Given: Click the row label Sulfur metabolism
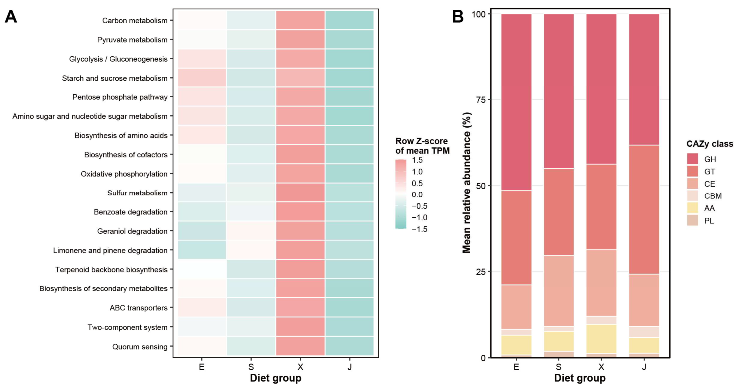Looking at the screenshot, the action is pos(137,193).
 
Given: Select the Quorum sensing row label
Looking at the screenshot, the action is pos(140,347).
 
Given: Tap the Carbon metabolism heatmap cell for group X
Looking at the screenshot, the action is pos(300,20).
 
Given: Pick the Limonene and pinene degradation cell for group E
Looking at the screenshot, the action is pos(202,250).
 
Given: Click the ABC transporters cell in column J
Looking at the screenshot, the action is pos(349,307).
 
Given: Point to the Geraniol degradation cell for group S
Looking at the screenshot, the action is pos(251,231).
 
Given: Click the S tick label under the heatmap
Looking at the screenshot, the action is pos(251,367).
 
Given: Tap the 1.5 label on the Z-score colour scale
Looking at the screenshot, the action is pos(417,160).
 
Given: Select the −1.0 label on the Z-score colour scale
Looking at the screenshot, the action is pos(419,218).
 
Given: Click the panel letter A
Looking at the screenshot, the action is pos(11,17).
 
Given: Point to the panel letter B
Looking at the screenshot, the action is pos(458,16).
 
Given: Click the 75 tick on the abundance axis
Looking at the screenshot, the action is pos(481,100).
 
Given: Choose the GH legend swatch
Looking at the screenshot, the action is pos(693,159).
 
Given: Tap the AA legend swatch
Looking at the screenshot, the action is pos(693,208).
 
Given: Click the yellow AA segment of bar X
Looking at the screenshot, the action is pos(601,339).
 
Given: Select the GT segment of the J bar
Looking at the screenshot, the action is pos(644,209).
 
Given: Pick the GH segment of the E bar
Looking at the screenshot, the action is pos(516,102).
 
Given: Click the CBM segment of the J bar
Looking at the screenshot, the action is pos(644,332).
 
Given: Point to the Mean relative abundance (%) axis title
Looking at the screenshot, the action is pos(467,183).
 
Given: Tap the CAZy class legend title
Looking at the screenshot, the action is pos(710,144).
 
